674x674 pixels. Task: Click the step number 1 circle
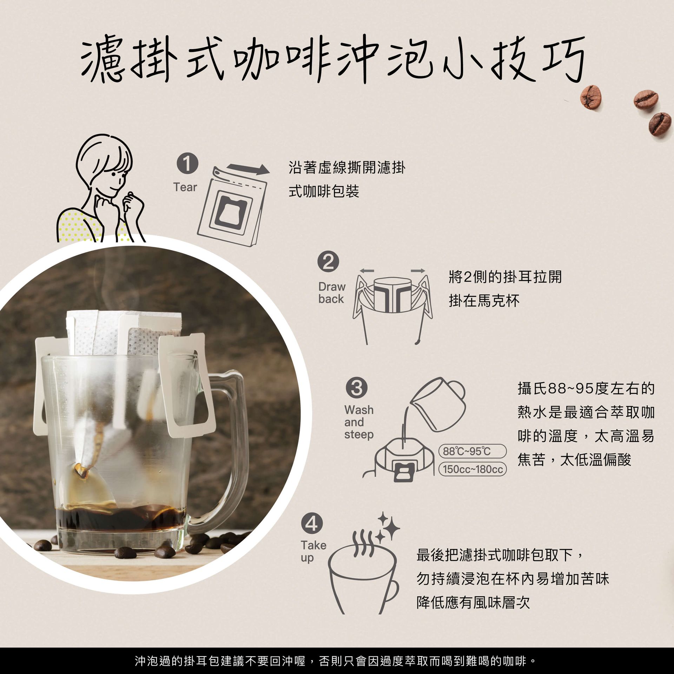point(187,164)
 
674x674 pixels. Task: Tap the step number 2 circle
point(328,262)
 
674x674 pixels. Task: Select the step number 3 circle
point(357,388)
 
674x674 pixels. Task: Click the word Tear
point(185,187)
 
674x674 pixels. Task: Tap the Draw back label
point(332,293)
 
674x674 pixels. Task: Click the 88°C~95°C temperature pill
point(473,451)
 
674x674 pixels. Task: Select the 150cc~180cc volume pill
point(473,469)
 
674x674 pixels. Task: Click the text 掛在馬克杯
point(484,301)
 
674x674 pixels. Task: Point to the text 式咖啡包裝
point(324,192)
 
